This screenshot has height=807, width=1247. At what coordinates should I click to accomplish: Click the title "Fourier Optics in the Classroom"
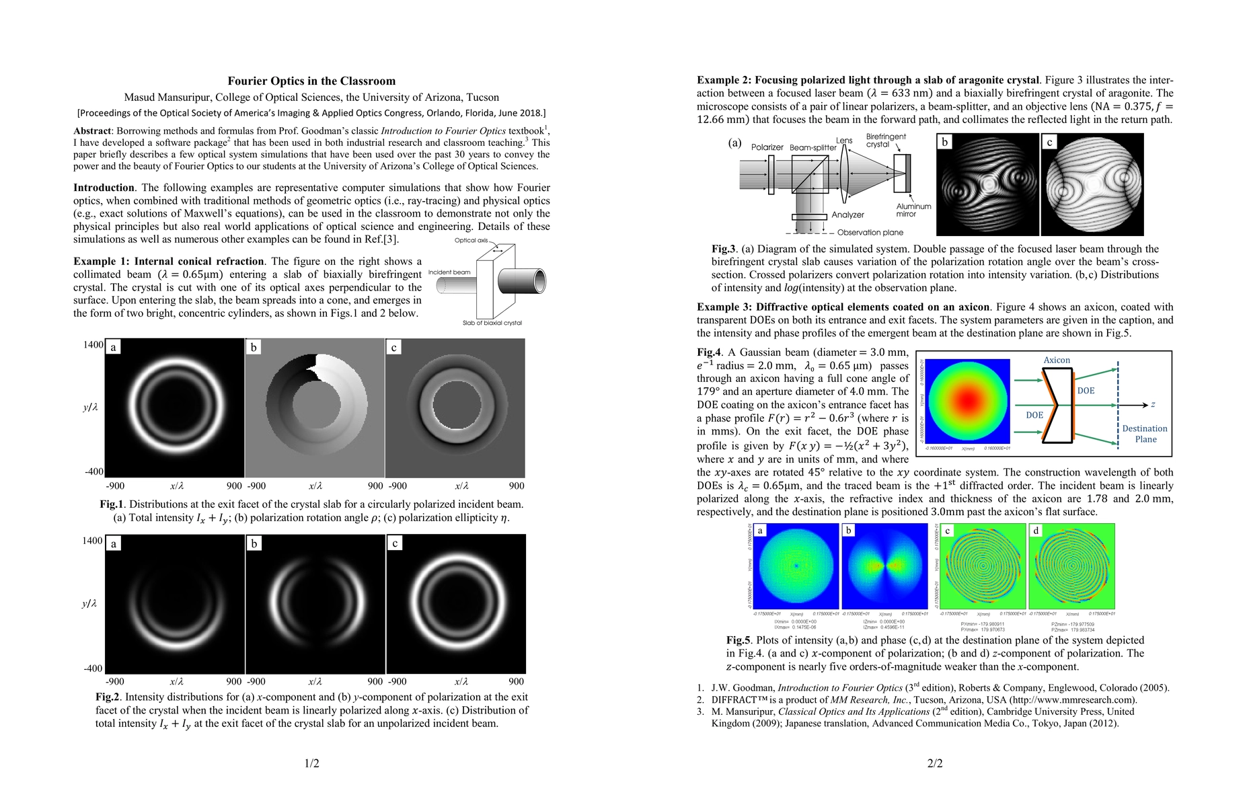point(311,81)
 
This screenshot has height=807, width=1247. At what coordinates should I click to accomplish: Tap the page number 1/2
point(311,763)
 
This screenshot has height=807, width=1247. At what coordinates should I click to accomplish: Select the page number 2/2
point(935,763)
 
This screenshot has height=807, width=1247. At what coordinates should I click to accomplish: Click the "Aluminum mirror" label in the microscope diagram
point(913,210)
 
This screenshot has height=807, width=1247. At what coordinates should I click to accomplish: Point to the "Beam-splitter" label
point(813,147)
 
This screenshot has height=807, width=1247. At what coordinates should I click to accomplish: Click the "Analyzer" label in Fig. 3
point(847,215)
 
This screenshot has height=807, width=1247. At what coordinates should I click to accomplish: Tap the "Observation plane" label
point(870,233)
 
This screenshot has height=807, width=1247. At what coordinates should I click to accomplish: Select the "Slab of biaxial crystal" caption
point(492,323)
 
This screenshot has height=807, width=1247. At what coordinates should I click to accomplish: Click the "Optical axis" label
point(471,240)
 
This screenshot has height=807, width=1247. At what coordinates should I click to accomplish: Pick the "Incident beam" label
point(449,272)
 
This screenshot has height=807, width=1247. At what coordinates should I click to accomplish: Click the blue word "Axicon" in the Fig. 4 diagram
point(1057,360)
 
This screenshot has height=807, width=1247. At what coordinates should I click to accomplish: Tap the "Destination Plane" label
point(1145,434)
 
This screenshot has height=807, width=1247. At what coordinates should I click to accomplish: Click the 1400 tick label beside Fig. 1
point(93,345)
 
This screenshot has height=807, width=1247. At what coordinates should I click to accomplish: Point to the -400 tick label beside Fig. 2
point(93,668)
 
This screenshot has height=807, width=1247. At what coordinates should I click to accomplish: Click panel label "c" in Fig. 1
point(393,347)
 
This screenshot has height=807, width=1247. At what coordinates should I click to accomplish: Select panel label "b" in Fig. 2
point(254,543)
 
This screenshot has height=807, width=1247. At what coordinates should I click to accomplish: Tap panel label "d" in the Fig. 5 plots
point(1036,531)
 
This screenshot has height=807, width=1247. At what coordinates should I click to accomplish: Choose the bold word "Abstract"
point(92,131)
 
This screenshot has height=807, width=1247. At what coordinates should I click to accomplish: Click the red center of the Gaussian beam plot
point(967,400)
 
